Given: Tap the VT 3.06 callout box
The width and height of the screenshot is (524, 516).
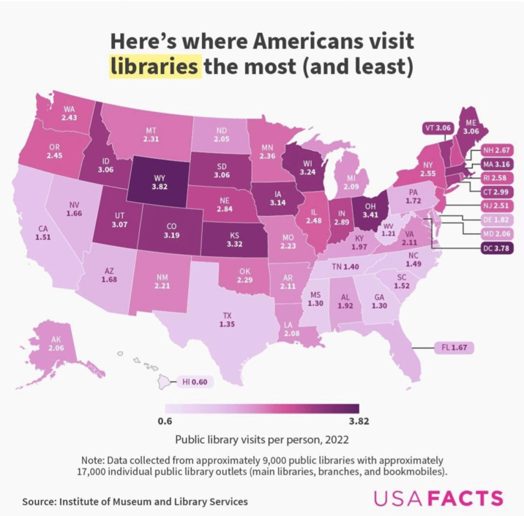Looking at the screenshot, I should [438, 128].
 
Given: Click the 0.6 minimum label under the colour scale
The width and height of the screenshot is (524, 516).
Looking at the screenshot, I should [165, 421].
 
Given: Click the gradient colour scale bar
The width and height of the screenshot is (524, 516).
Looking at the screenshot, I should [262, 408].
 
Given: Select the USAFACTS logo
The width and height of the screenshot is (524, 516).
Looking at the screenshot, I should [438, 499].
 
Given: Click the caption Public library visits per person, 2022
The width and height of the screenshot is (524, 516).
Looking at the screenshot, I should [262, 440].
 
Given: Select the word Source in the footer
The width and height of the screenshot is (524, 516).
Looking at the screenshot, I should [41, 501].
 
